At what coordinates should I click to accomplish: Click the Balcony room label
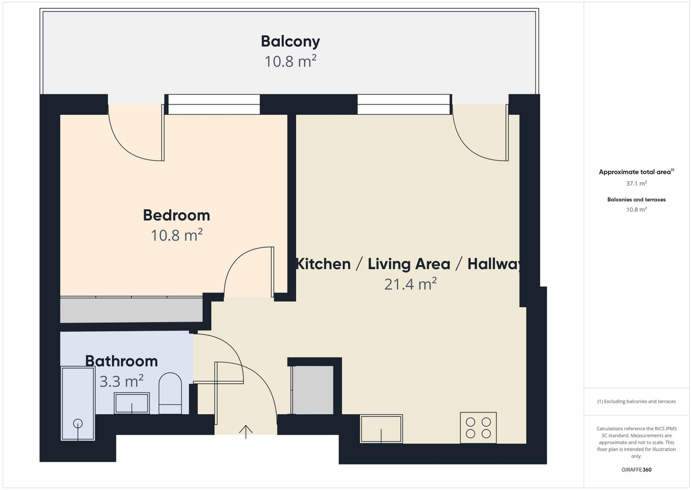(291, 42)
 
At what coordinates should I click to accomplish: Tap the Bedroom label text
(176, 216)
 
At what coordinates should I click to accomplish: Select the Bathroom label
(121, 361)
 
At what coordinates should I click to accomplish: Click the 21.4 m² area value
(410, 284)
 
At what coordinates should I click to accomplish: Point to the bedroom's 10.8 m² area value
(176, 235)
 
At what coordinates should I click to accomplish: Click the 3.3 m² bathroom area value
(121, 381)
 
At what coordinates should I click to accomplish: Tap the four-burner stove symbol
(478, 428)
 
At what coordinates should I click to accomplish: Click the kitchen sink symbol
(381, 429)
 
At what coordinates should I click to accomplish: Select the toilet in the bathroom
(170, 393)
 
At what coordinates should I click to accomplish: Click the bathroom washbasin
(132, 403)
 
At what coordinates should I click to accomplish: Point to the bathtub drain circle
(78, 423)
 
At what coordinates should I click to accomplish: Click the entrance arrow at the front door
(246, 432)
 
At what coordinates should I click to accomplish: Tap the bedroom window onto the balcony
(214, 105)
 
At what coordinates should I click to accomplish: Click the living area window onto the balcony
(404, 105)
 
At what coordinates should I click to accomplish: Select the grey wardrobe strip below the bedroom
(131, 310)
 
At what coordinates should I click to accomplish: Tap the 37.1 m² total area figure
(637, 183)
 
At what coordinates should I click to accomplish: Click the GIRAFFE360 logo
(637, 470)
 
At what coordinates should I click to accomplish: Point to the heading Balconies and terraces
(637, 200)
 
